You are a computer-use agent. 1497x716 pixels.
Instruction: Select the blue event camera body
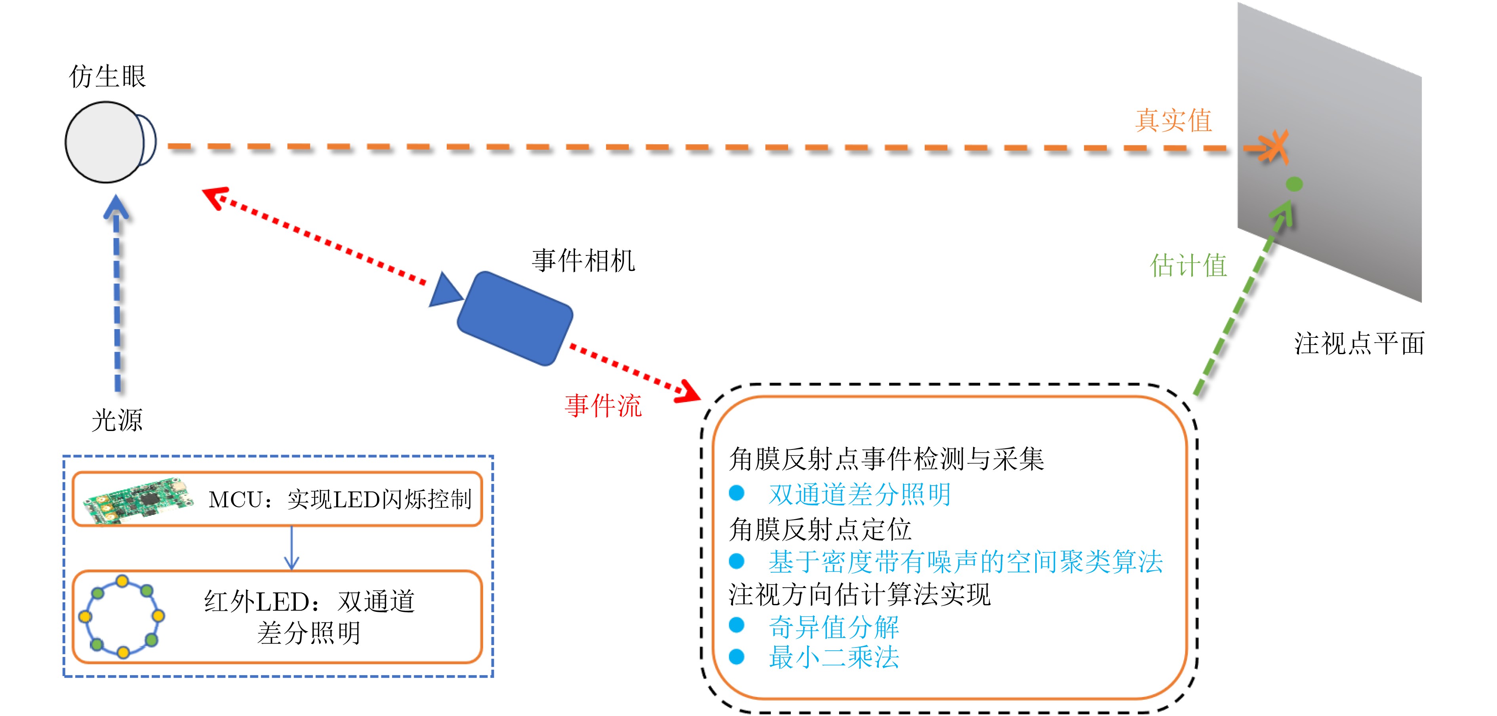[515, 318]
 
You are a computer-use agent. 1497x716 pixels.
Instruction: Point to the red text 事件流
[603, 405]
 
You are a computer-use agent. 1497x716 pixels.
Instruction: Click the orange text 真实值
[1173, 120]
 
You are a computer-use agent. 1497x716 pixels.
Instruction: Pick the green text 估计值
[1188, 266]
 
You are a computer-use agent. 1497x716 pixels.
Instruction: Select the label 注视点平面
[1359, 343]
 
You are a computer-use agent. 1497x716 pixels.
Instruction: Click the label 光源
[117, 420]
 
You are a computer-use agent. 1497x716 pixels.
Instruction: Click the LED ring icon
[122, 616]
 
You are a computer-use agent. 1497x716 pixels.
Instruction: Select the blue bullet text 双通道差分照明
[859, 495]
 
